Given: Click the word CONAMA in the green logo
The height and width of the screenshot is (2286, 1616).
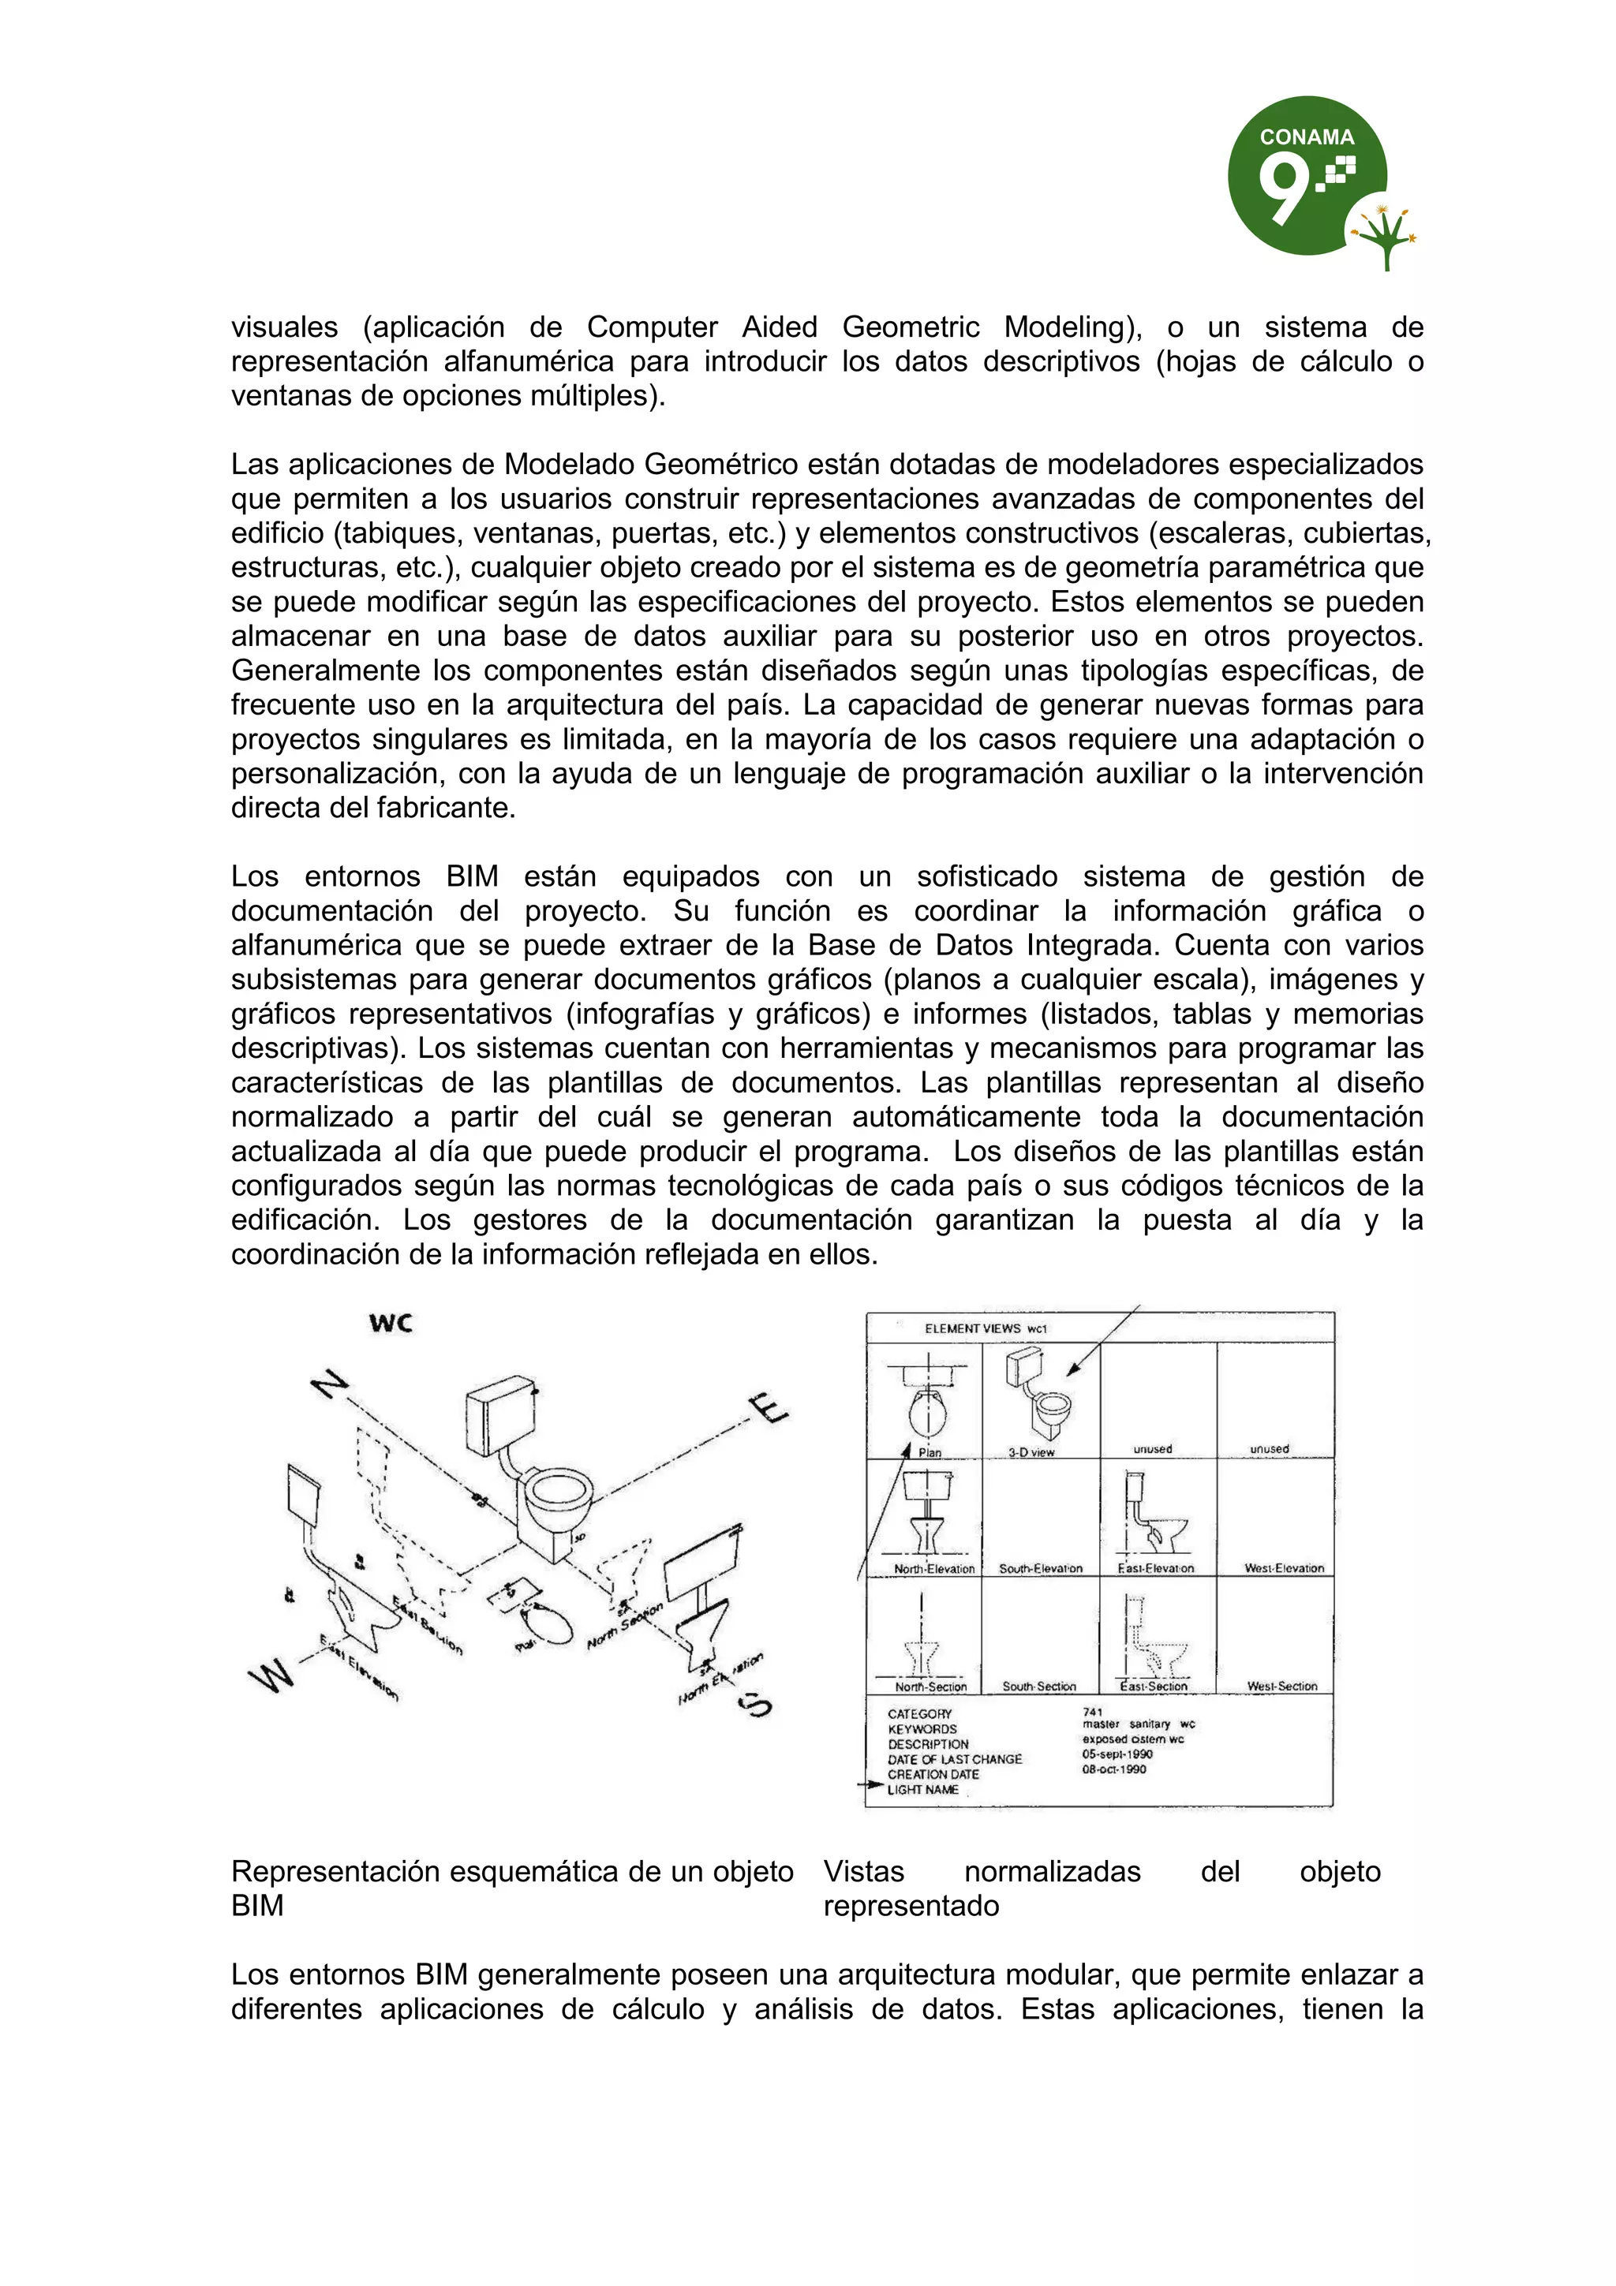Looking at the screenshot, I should click(x=1307, y=137).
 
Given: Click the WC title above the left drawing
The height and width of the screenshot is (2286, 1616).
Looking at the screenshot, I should click(x=391, y=1323).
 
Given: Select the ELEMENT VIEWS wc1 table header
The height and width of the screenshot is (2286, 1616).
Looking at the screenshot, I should click(x=985, y=1328).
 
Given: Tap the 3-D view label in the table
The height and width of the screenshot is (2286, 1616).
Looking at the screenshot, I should click(x=1031, y=1453).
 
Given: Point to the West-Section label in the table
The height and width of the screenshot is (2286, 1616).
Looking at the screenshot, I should click(x=1281, y=1686).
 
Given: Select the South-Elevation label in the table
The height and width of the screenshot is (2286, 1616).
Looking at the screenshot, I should click(x=1041, y=1568).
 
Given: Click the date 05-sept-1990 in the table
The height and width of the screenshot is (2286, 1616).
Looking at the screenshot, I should click(x=1117, y=1754).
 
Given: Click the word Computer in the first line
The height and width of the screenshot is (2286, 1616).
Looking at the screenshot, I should click(x=653, y=327).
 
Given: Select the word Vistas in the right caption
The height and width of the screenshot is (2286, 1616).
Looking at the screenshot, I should click(x=863, y=1872).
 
